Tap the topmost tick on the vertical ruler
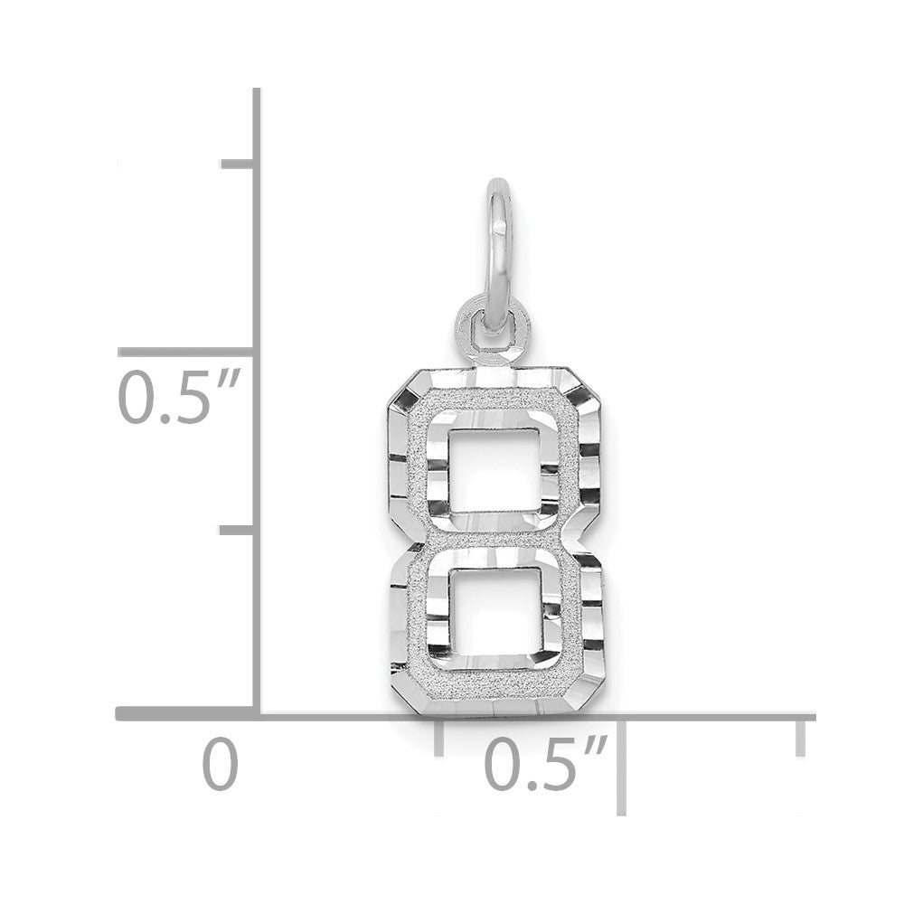(x=238, y=164)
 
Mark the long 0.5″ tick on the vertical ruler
(x=186, y=351)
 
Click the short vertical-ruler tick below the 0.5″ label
(x=238, y=531)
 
